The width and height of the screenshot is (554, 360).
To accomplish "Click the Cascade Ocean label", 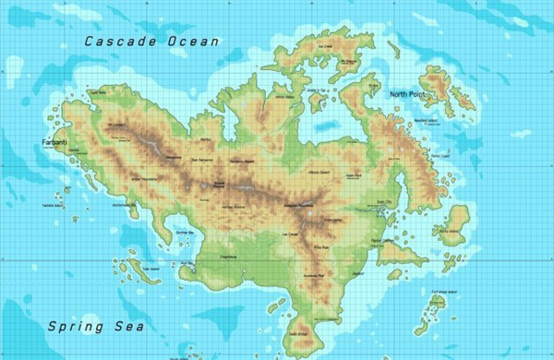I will (151, 41).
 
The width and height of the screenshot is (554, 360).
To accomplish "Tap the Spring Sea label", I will (83, 326).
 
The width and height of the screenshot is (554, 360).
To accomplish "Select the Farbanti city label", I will (50, 142).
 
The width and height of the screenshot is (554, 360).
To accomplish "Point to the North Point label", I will (409, 94).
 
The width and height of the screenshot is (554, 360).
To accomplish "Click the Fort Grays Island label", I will (446, 293).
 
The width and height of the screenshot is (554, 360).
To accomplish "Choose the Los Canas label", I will (288, 236).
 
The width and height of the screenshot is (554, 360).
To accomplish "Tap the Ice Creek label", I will (324, 46).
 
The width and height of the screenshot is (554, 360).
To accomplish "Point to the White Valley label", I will (284, 97).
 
